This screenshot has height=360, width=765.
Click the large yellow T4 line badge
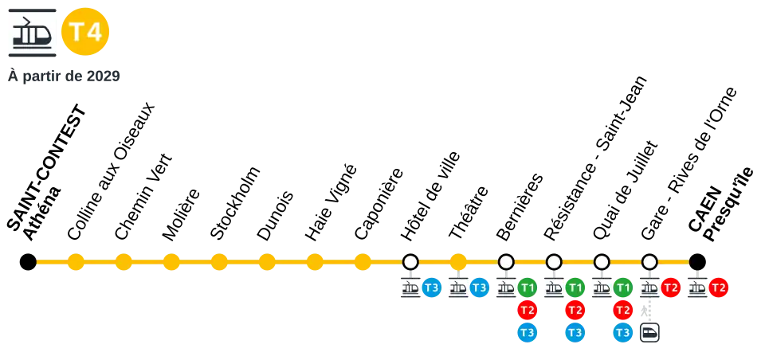coord(85,32)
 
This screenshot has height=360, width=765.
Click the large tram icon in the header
coord(32,32)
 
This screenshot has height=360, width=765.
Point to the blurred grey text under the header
coord(64,76)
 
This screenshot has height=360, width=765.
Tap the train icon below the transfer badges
coord(649,333)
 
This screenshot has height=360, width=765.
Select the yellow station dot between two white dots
coord(458,261)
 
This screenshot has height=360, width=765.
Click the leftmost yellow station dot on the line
coord(75,261)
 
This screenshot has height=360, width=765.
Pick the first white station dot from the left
coord(410,261)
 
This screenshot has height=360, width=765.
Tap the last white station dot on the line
coord(649,261)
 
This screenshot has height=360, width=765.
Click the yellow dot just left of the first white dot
coord(363,261)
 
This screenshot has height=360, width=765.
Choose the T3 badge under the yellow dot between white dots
coord(479,288)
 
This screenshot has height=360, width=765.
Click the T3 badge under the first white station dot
coord(431,288)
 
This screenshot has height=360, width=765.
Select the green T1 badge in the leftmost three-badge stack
coord(527,288)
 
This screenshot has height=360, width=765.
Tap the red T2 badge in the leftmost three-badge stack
coord(527,310)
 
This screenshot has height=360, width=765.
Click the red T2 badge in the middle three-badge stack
coord(575,310)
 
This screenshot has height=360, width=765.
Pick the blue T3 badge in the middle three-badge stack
coord(575,332)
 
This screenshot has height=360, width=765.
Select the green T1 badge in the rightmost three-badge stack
coord(622,288)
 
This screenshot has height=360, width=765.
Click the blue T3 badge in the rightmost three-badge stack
coord(622,332)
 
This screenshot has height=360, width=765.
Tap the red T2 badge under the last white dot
coord(670,288)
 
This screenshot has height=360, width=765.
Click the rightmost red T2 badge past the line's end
coord(718,288)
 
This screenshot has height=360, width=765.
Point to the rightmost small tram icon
coord(697,288)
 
